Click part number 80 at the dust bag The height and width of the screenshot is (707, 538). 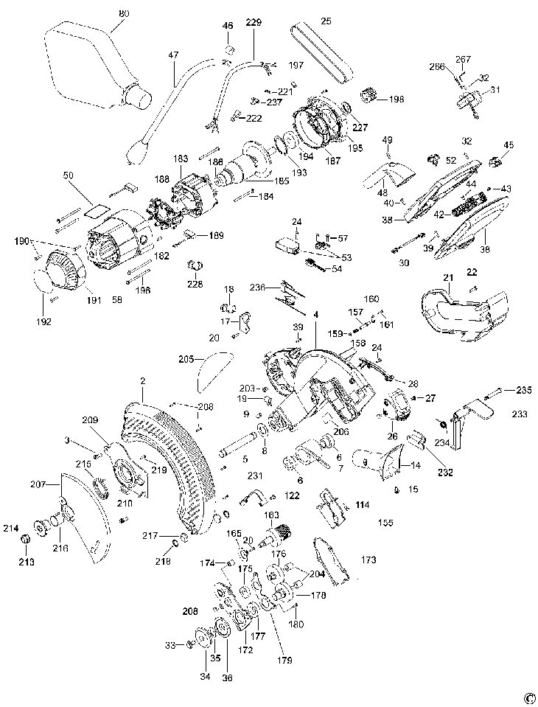(123, 13)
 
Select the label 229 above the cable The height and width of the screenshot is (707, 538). (254, 23)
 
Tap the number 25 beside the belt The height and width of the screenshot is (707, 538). (326, 21)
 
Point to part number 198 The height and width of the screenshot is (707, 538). (397, 100)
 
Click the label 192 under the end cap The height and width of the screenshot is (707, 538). (44, 321)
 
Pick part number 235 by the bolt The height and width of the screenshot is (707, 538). (523, 390)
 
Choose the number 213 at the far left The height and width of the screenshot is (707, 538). (26, 562)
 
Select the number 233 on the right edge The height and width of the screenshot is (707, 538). (520, 414)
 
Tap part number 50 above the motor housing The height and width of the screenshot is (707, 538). (68, 175)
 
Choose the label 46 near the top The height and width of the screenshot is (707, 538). (228, 26)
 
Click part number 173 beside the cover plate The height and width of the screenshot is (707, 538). (368, 560)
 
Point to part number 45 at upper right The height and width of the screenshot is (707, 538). (509, 145)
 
